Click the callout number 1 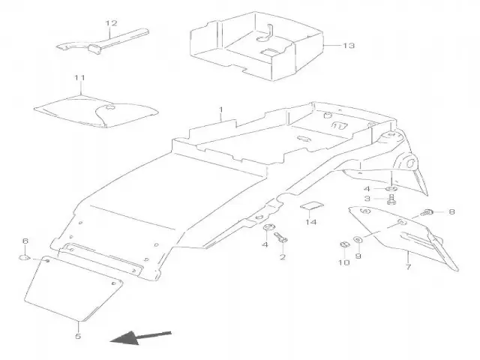[221, 110]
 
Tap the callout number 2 [283, 257]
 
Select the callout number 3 [367, 198]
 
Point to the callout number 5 [78, 337]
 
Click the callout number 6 [25, 241]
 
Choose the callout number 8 [451, 212]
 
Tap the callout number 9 [358, 256]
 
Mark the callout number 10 [343, 262]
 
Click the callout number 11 [80, 77]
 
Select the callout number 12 [112, 23]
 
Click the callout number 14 [311, 222]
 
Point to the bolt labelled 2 [281, 239]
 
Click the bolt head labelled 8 [429, 212]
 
